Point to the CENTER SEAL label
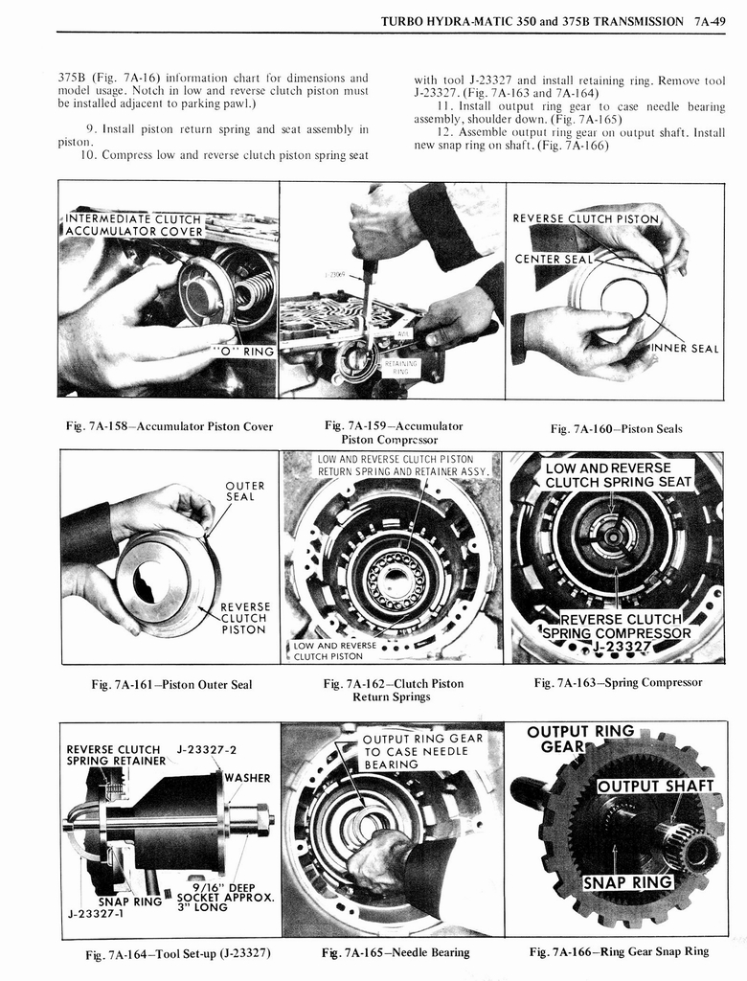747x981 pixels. click(554, 259)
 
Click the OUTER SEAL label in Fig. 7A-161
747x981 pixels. click(245, 490)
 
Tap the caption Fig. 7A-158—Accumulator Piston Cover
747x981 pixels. click(169, 426)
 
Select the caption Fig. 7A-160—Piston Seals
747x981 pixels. click(616, 428)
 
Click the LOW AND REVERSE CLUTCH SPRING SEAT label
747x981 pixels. click(618, 474)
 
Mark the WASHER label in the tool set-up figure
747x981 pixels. click(247, 778)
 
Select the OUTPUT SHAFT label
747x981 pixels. click(656, 787)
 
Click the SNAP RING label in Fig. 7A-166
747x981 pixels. click(627, 881)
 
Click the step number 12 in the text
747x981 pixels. click(442, 132)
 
